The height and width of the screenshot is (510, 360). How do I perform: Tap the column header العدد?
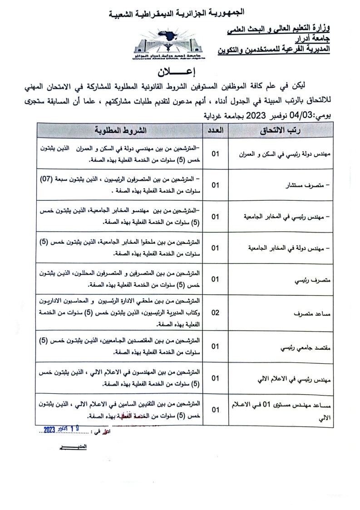click(215, 130)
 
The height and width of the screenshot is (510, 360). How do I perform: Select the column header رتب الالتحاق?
click(281, 130)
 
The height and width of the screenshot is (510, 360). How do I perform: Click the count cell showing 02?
click(215, 313)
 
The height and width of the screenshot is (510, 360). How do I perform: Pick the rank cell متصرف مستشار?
click(309, 185)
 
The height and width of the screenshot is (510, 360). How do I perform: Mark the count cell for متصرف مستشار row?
click(215, 185)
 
